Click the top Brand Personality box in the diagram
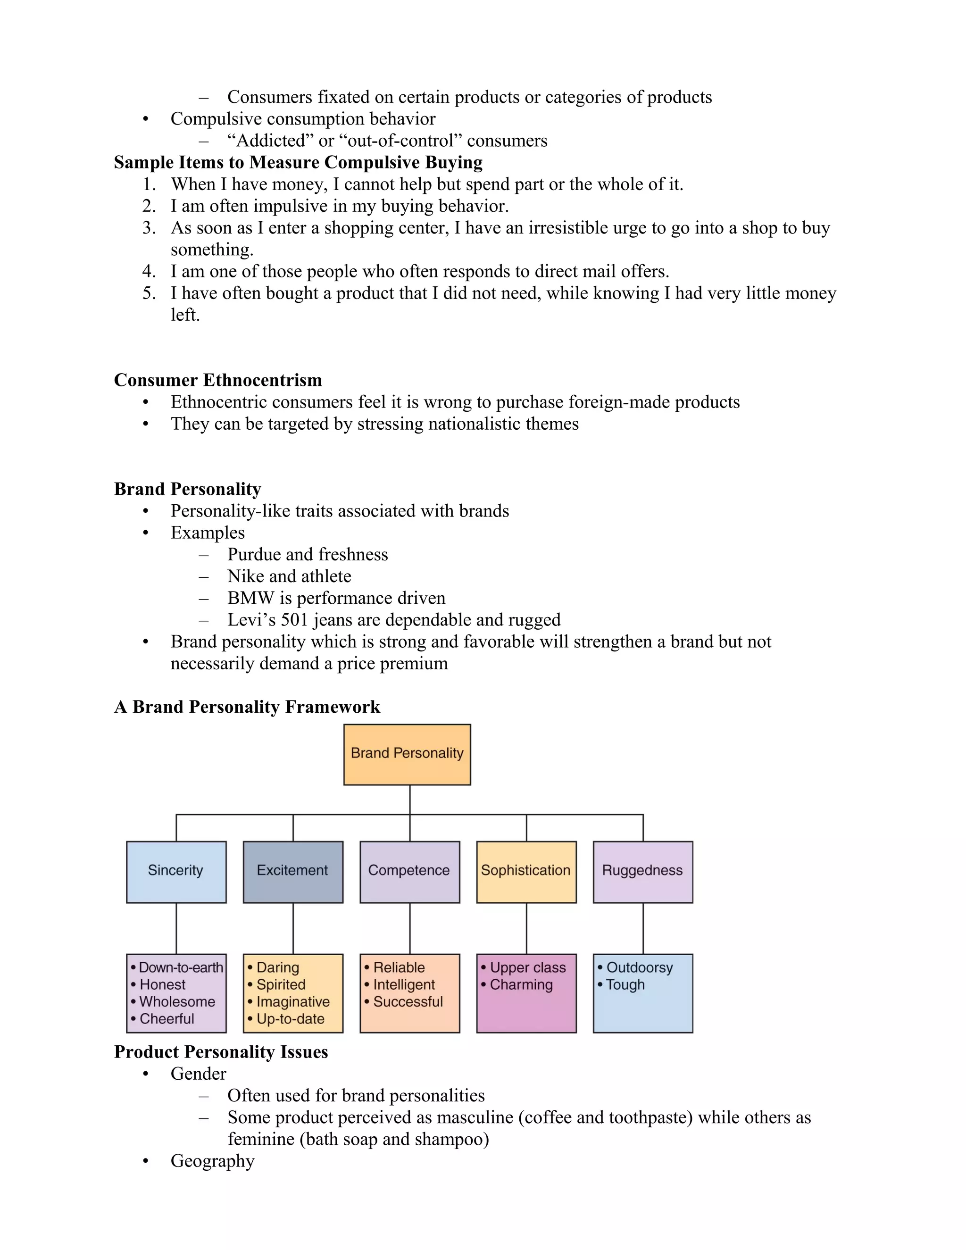pyautogui.click(x=407, y=754)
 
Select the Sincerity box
pyautogui.click(x=175, y=871)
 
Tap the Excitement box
pyautogui.click(x=292, y=871)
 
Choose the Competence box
pyautogui.click(x=409, y=871)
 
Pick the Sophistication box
pyautogui.click(x=526, y=871)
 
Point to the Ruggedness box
pyautogui.click(x=643, y=871)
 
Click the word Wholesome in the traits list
pyautogui.click(x=177, y=1001)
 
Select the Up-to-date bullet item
pyautogui.click(x=290, y=1019)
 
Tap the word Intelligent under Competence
pyautogui.click(x=404, y=984)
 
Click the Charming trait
pyautogui.click(x=521, y=984)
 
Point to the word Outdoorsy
pyautogui.click(x=639, y=967)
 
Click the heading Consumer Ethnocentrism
pyautogui.click(x=217, y=380)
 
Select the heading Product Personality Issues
pyautogui.click(x=221, y=1052)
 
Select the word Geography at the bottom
pyautogui.click(x=212, y=1161)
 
